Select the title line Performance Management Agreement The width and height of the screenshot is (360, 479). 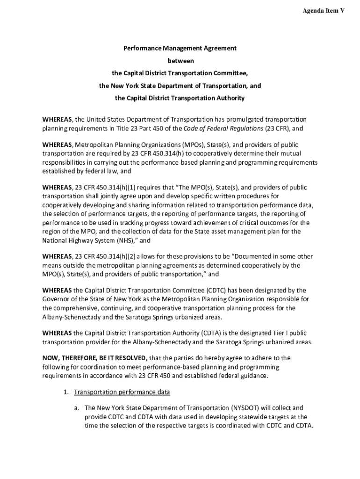coord(180,48)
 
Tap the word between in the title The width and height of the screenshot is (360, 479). coord(180,61)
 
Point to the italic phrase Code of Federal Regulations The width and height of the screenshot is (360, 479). coord(223,129)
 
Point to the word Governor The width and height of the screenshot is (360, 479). coord(57,299)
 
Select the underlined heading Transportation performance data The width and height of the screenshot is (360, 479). coord(122,392)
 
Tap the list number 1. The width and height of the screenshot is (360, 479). coord(66,392)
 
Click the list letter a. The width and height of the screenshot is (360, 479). coord(76,408)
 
